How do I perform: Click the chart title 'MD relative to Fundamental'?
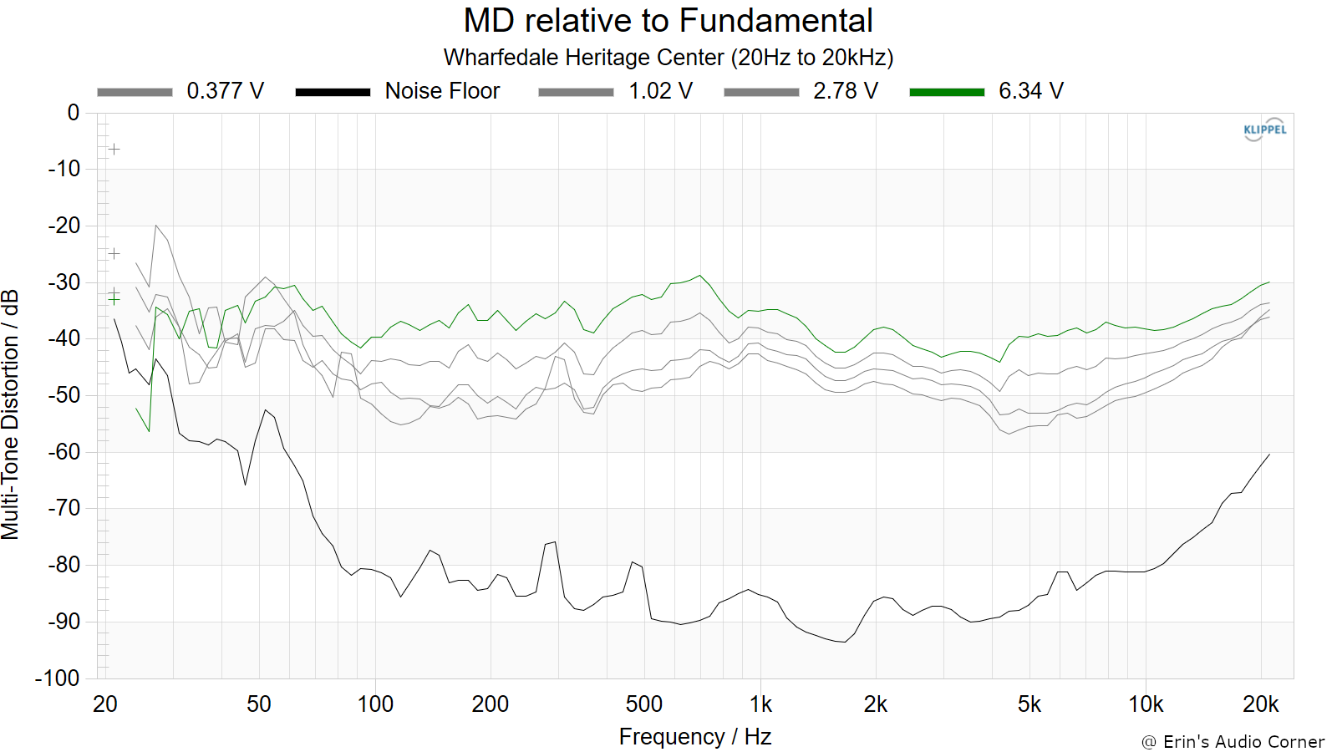668,20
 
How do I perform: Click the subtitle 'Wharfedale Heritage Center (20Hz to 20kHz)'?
668,58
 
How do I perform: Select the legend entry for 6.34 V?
987,91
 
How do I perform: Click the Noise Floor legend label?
442,91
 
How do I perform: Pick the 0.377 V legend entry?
180,91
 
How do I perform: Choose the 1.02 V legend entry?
615,91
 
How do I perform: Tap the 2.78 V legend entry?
801,91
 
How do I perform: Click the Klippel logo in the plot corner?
1265,130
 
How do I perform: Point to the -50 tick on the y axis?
64,395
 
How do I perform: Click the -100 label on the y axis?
58,678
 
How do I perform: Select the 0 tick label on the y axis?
74,112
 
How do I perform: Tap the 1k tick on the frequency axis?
760,704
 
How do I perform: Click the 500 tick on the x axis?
644,704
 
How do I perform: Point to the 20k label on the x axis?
1261,704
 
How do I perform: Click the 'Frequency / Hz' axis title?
695,737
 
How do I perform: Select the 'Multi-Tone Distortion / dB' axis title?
10,414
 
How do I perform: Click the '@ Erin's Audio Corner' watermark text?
1233,742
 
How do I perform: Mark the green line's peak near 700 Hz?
700,275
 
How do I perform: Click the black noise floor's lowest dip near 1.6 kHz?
845,643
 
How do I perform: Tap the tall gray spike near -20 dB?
155,226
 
